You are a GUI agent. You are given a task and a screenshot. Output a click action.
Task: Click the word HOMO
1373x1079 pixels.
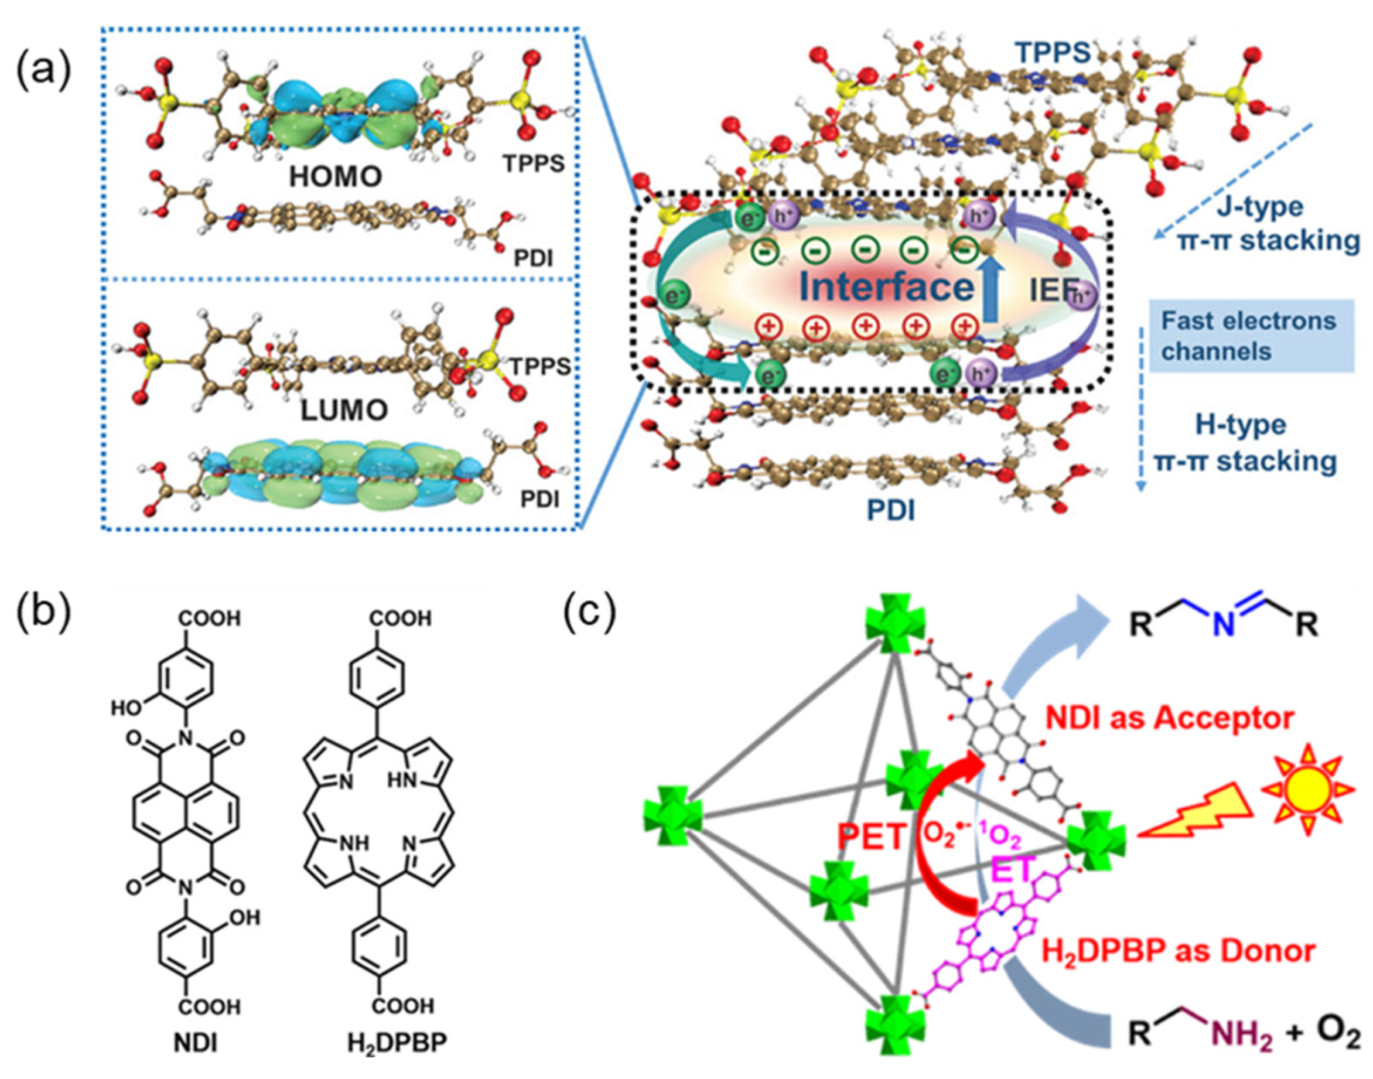point(336,177)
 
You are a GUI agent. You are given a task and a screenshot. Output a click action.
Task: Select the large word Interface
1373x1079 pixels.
point(887,288)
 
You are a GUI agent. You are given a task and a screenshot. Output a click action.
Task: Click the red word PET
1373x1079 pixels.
point(872,837)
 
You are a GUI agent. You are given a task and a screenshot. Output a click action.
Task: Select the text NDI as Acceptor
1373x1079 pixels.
point(1169,718)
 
